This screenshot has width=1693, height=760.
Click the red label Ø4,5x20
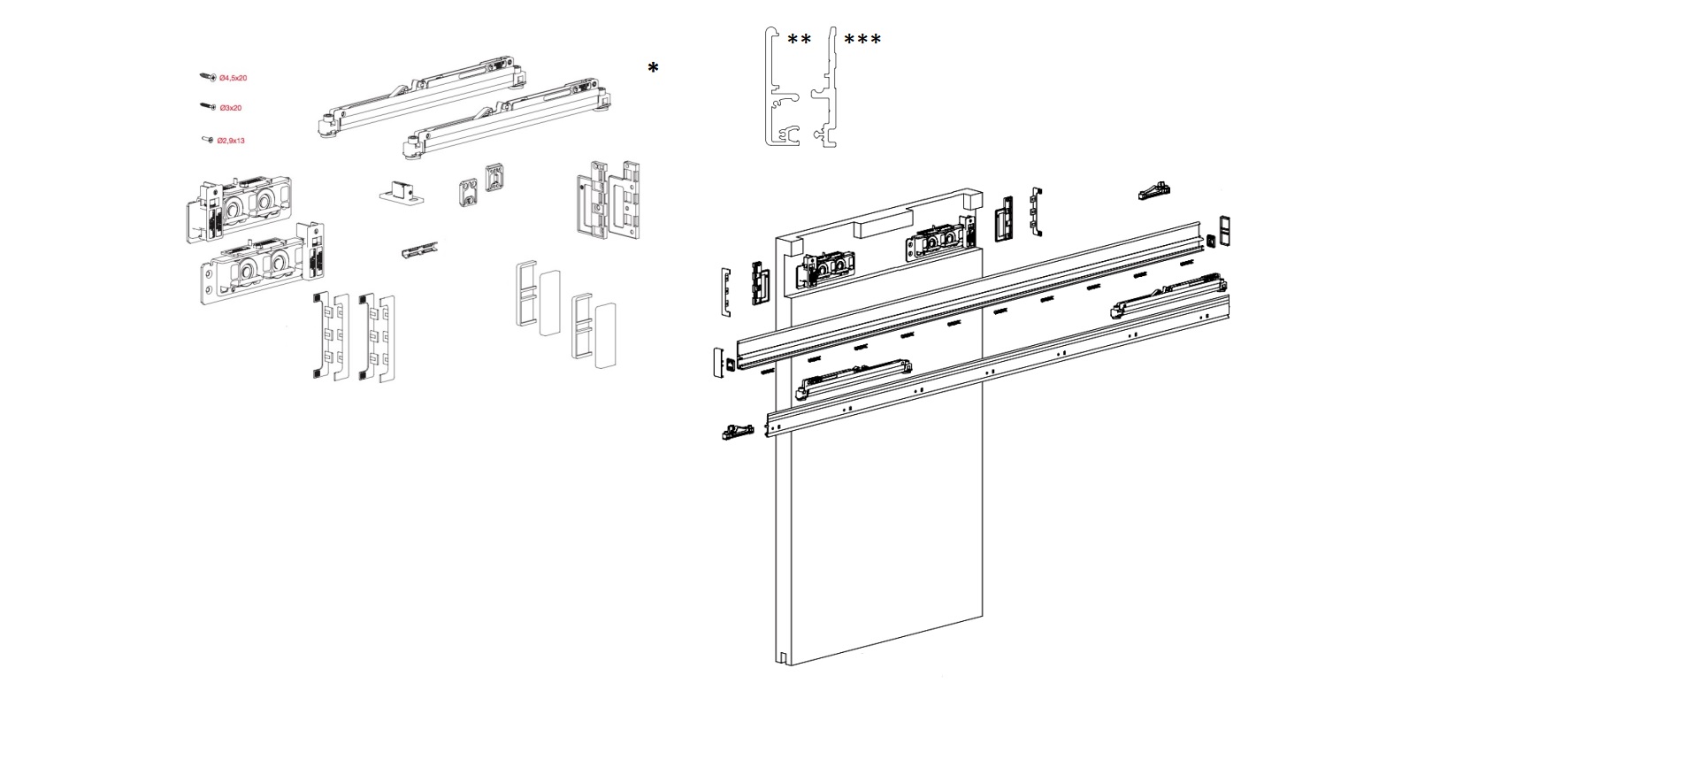tap(233, 79)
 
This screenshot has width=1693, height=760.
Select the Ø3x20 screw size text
tap(231, 108)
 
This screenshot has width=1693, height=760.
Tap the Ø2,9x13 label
tap(231, 141)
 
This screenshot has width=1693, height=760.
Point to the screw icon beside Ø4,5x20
tap(208, 78)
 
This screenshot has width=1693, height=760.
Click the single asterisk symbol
tap(653, 68)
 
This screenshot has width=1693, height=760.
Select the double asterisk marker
tap(799, 40)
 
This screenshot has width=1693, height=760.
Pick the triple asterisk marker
tap(862, 40)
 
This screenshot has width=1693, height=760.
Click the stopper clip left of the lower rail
tap(738, 432)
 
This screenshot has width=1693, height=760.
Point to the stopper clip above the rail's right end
tap(1154, 190)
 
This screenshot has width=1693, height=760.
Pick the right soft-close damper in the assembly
tap(1168, 296)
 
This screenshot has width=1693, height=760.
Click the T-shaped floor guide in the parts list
tap(401, 191)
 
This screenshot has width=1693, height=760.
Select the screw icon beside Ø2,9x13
tap(208, 140)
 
